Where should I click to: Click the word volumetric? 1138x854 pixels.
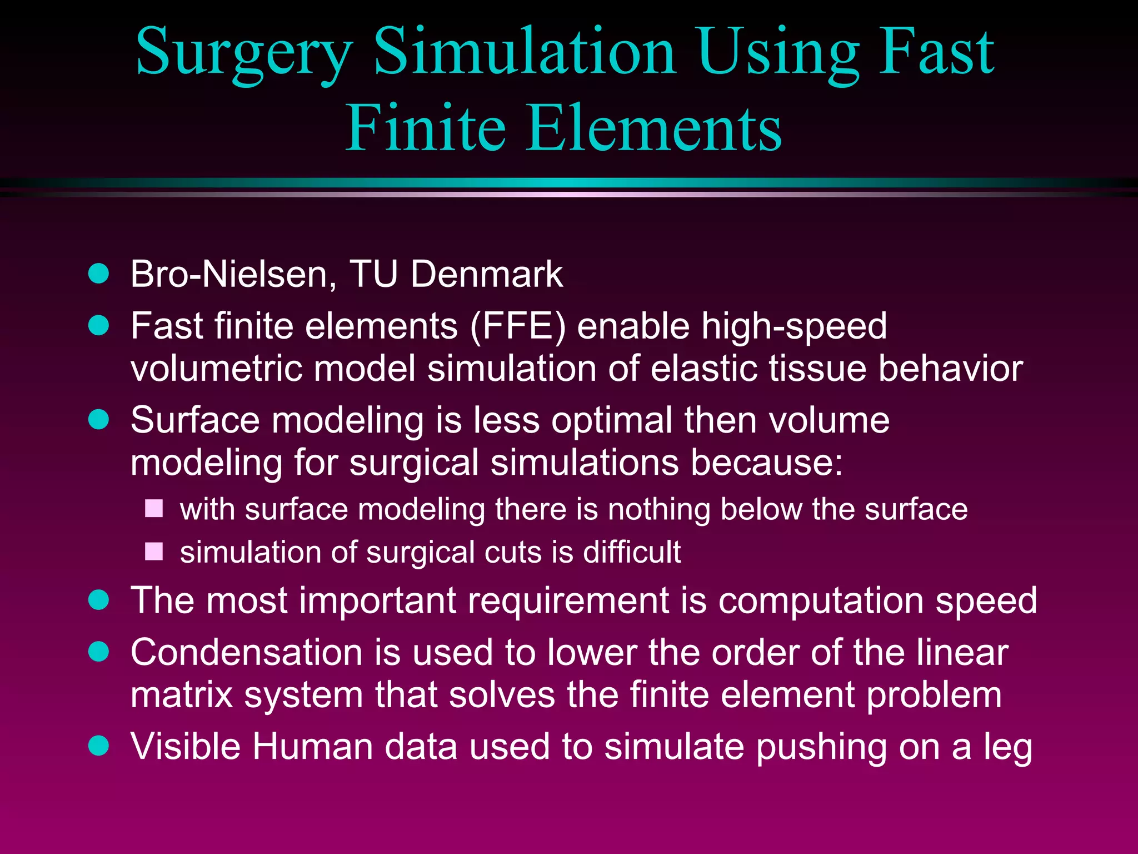tap(217, 369)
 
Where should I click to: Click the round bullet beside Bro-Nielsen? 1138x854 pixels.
tap(99, 274)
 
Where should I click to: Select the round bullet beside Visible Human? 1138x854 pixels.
tap(99, 746)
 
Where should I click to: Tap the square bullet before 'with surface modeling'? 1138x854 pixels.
tap(154, 509)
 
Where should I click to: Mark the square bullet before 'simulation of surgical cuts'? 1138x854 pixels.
tap(154, 552)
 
